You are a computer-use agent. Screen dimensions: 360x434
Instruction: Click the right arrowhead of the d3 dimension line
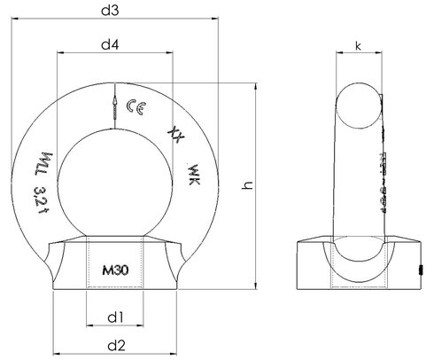coord(213,22)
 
